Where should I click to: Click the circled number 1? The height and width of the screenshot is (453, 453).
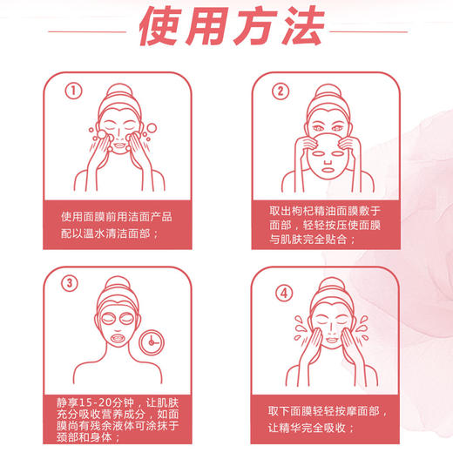(x=74, y=90)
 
